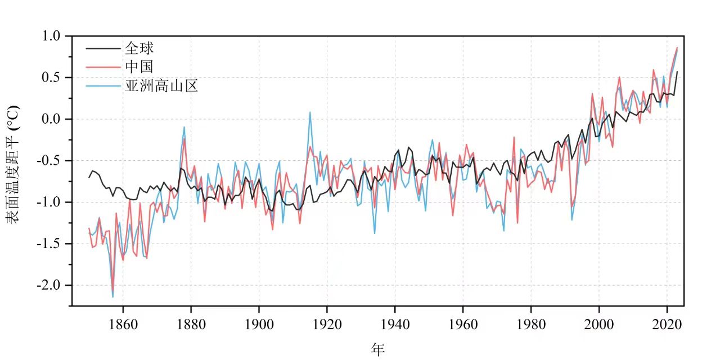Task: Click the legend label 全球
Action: pyautogui.click(x=139, y=48)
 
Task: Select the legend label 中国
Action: pyautogui.click(x=139, y=67)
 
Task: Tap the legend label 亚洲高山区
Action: pyautogui.click(x=162, y=86)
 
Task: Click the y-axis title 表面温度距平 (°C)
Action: pyautogui.click(x=13, y=164)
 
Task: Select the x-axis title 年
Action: pyautogui.click(x=377, y=349)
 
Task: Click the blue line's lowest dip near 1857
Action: pyautogui.click(x=112, y=296)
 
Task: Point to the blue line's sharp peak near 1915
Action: pyautogui.click(x=310, y=112)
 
